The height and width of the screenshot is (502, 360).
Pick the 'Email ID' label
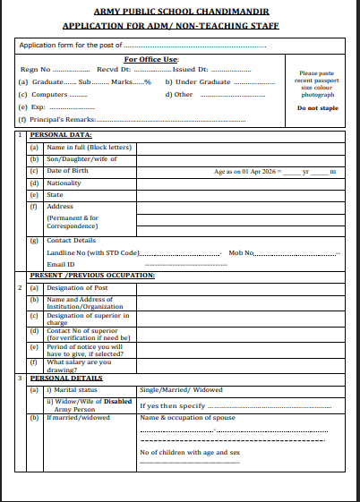[60, 264]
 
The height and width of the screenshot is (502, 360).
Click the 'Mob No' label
[241, 253]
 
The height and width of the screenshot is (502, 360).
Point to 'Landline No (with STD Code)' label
[93, 253]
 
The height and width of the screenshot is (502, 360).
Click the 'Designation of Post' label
[79, 287]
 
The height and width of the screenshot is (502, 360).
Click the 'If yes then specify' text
[169, 405]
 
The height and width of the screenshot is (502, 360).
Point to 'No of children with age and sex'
[190, 452]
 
